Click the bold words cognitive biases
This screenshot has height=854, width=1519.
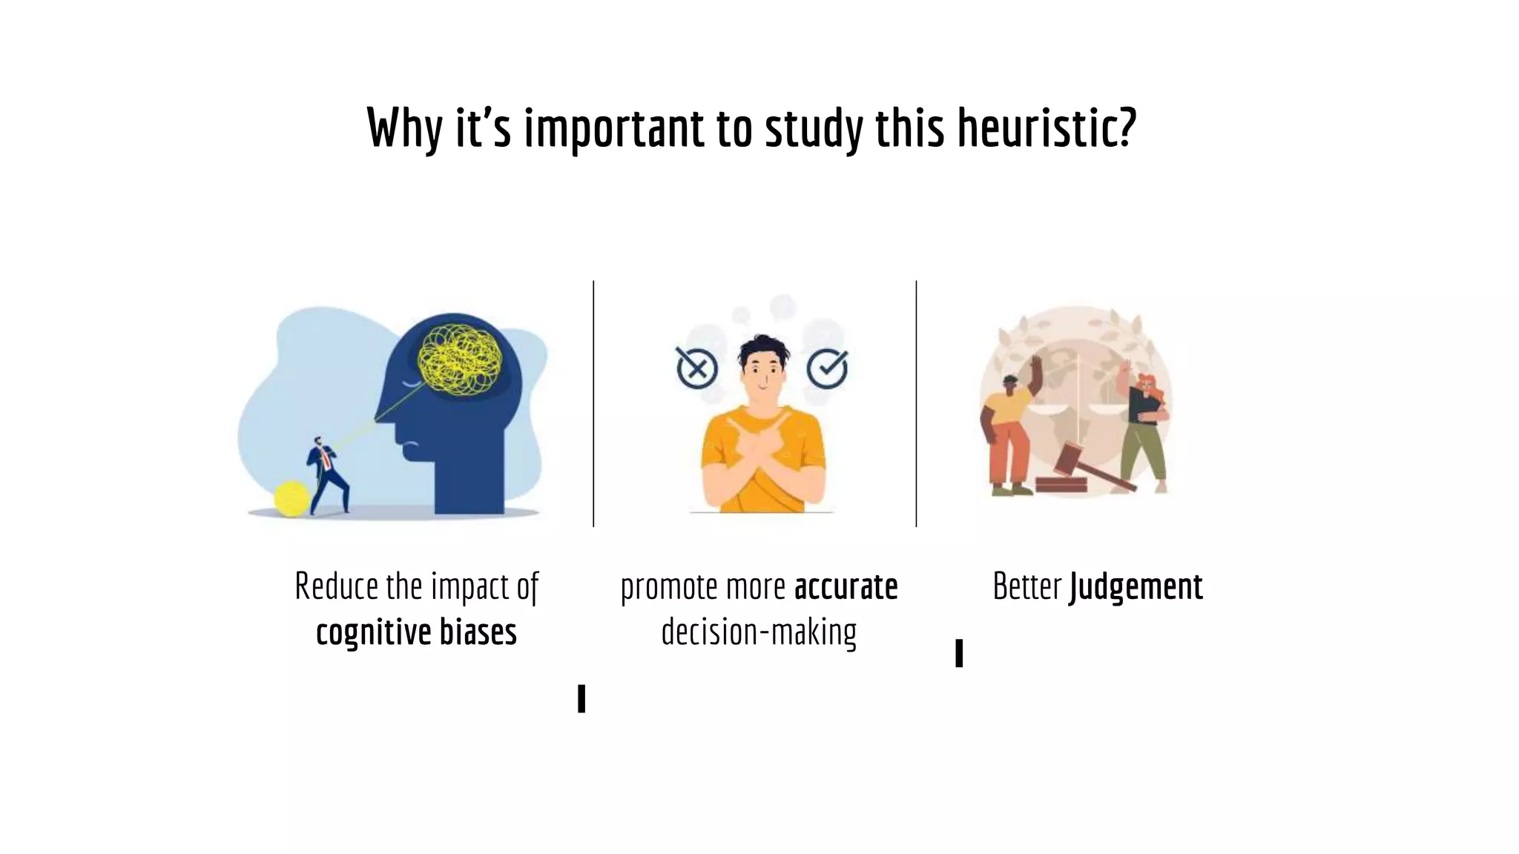416,632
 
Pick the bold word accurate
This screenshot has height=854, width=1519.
846,587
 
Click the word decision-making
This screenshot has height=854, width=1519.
759,632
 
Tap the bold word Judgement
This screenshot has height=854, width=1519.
1136,587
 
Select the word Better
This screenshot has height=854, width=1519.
1027,586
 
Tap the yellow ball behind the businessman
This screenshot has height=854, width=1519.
291,498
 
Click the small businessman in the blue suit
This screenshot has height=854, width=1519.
327,474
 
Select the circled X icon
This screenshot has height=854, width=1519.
696,368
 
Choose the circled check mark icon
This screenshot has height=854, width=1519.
827,367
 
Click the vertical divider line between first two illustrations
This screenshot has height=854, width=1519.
593,404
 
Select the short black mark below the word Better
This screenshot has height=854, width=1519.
959,653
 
